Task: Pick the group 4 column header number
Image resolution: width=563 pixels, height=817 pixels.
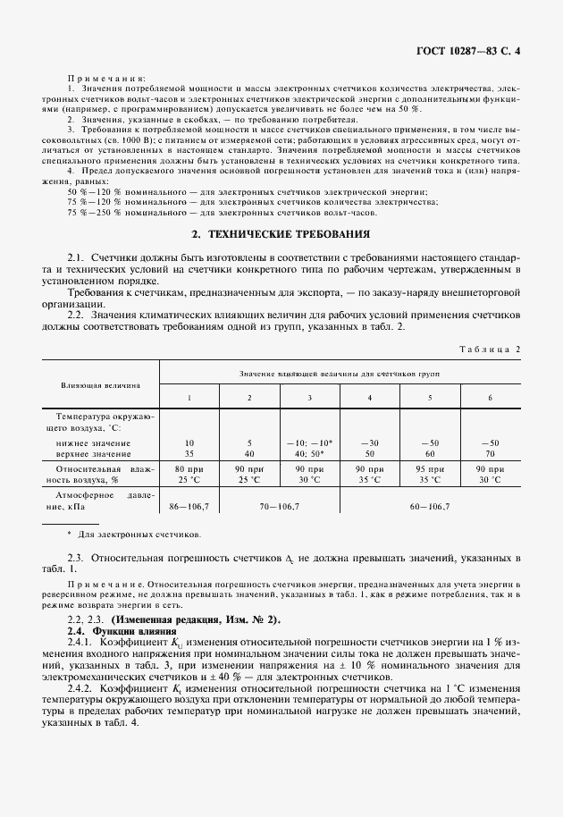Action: [369, 397]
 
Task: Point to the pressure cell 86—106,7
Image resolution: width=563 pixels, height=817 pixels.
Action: [189, 507]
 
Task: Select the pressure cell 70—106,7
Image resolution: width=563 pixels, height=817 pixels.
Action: [279, 507]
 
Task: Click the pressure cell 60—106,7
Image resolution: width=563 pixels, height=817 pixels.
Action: [430, 507]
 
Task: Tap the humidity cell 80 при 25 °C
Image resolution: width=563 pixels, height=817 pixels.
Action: [189, 473]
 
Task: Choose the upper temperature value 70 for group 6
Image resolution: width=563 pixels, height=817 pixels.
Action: [490, 453]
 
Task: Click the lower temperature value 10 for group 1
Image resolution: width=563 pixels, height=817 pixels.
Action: [189, 442]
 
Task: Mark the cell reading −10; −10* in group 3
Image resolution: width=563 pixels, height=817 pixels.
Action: [309, 442]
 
